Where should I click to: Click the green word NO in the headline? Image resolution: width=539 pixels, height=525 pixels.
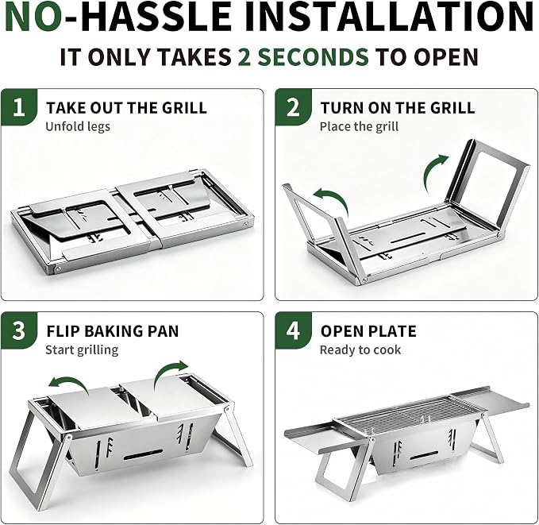coord(33,17)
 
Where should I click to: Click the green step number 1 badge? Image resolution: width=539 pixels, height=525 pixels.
coord(19,107)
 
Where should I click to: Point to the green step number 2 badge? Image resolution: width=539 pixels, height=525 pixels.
coord(293,107)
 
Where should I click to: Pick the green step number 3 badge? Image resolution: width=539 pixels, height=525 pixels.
coord(19,330)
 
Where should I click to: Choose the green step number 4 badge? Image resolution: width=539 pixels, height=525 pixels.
coord(293,330)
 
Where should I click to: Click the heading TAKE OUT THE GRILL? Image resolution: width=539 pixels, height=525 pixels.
coord(126,108)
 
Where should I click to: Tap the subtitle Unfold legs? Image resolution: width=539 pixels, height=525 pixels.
coord(78,126)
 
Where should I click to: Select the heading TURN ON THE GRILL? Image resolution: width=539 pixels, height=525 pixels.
coord(398,108)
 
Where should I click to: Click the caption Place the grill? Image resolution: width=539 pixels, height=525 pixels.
coord(360,126)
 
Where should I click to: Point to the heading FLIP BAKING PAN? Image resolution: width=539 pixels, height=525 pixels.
coord(113,331)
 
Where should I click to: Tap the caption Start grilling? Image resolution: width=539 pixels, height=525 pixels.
coord(82,350)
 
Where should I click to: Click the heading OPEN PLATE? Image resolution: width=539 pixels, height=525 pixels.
coord(368,331)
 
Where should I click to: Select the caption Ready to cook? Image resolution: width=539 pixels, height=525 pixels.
coord(360,350)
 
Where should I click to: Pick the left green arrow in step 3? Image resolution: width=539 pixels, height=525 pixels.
coord(69,381)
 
